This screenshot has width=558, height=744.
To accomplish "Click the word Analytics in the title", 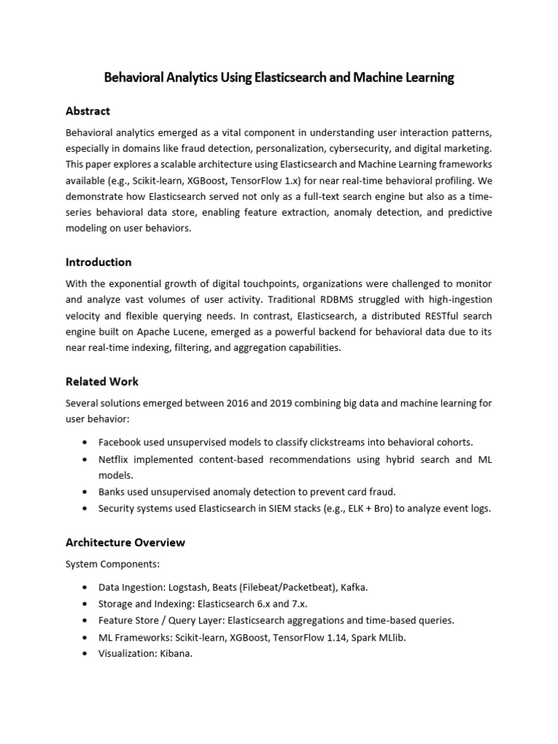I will (195, 78).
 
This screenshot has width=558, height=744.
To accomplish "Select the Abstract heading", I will (88, 111).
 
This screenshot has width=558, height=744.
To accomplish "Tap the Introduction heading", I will (99, 262).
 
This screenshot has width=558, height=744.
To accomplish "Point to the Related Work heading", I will (102, 381).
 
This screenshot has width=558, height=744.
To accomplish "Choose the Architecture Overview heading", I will (126, 543).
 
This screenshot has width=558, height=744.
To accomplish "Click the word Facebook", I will (121, 442).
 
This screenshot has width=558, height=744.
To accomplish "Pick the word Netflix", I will (114, 460).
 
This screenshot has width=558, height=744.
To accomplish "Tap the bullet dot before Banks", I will (86, 492).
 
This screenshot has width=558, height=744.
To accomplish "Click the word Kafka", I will (351, 587).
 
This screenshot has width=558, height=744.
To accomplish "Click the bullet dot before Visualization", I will (86, 653).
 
